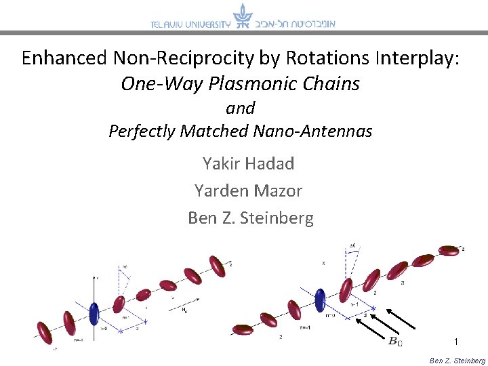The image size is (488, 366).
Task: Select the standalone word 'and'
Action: [x=240, y=108]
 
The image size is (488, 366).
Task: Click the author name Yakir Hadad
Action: [x=248, y=163]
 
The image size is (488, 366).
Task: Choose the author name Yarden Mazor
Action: [x=248, y=190]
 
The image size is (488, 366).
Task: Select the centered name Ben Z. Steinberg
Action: [x=251, y=218]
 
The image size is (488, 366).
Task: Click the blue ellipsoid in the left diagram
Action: [x=94, y=312]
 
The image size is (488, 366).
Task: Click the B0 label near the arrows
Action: [x=395, y=341]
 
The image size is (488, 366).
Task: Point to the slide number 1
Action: [x=457, y=342]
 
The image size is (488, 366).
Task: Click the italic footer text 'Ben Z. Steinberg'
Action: [x=457, y=361]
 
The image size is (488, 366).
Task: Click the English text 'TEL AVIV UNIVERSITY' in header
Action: [x=190, y=24]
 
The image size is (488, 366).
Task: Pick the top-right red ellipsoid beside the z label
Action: [x=448, y=251]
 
